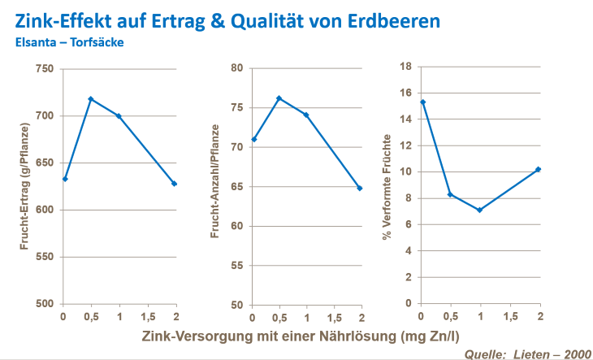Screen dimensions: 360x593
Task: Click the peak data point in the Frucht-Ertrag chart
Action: pos(91,99)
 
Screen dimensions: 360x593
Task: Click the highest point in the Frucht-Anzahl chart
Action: pos(279,98)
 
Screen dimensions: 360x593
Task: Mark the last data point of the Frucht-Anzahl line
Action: pos(359,188)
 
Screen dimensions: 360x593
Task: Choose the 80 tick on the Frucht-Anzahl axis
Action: pos(238,68)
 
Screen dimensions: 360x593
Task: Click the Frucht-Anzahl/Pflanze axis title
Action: pos(215,187)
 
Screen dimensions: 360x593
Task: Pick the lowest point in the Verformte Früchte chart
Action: pos(480,210)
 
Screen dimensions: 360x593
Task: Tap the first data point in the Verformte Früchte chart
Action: pos(423,102)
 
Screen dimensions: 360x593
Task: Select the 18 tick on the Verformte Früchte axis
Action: pos(406,67)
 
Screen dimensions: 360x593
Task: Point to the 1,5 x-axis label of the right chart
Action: pos(510,316)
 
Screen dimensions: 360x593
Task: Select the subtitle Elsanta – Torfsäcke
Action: pos(69,41)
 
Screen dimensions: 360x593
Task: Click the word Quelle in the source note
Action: pos(483,353)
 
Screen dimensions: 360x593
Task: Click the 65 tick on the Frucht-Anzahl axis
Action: pos(238,187)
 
